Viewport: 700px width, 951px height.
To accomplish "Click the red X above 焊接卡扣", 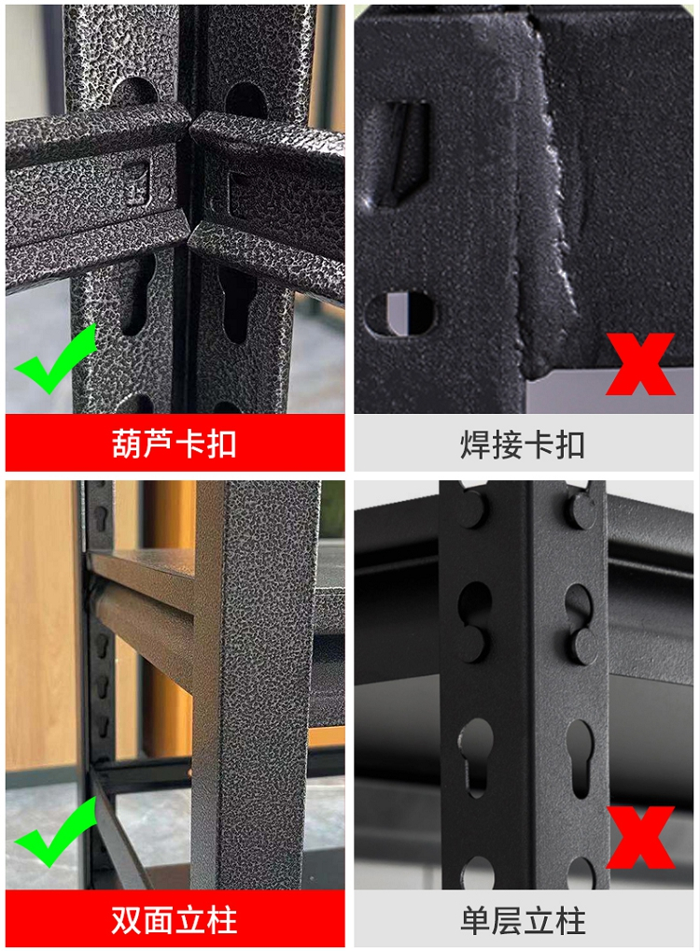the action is pyautogui.click(x=640, y=364).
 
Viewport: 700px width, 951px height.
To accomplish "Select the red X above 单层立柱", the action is pyautogui.click(x=640, y=837).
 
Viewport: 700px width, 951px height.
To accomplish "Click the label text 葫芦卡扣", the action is pyautogui.click(x=174, y=444).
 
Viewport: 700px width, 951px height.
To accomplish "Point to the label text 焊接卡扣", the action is pyautogui.click(x=523, y=446).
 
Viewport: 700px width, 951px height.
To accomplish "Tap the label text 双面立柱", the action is pyautogui.click(x=174, y=920).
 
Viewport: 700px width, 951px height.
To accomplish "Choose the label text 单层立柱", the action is pyautogui.click(x=523, y=921).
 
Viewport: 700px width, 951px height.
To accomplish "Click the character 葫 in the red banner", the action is pyautogui.click(x=127, y=444).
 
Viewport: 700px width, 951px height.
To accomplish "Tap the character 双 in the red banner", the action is pyautogui.click(x=127, y=920).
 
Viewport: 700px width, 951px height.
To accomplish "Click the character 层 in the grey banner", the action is pyautogui.click(x=507, y=921).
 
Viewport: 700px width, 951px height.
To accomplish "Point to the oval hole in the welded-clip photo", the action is pyautogui.click(x=399, y=313).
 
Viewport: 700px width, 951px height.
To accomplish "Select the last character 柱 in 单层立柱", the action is pyautogui.click(x=569, y=921).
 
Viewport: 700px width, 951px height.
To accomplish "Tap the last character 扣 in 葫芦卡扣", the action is pyautogui.click(x=221, y=444).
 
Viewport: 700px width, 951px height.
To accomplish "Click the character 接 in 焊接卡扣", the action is pyautogui.click(x=507, y=446).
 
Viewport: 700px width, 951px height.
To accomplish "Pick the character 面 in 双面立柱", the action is pyautogui.click(x=158, y=920).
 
